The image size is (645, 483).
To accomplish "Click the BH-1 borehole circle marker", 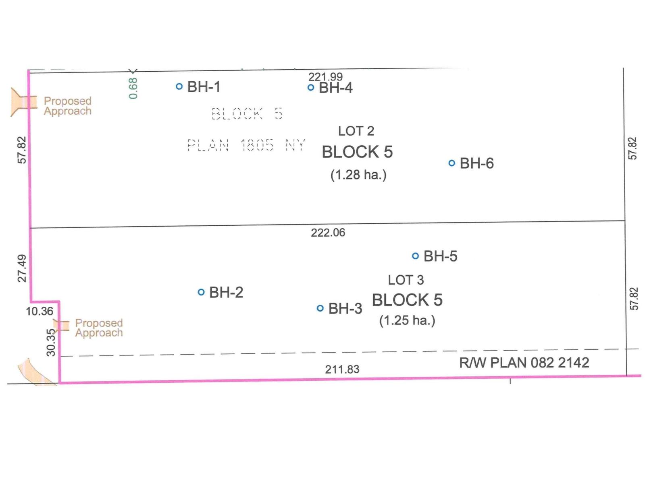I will pyautogui.click(x=179, y=86).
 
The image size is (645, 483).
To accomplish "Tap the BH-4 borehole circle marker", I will pyautogui.click(x=311, y=87).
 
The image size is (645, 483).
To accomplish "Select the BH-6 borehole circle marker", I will pyautogui.click(x=452, y=163).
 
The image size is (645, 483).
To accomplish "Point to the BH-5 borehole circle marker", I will pyautogui.click(x=416, y=256).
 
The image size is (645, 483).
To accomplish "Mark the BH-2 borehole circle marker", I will pyautogui.click(x=201, y=292).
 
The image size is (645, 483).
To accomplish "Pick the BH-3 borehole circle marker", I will pyautogui.click(x=320, y=308).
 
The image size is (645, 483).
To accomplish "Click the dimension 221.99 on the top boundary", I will pyautogui.click(x=325, y=76).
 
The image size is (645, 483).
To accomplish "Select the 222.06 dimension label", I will pyautogui.click(x=328, y=233).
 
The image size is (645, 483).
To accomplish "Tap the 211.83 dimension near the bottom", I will pyautogui.click(x=342, y=369).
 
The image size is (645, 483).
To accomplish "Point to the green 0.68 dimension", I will pyautogui.click(x=133, y=88).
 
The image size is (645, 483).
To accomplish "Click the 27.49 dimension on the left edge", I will pyautogui.click(x=22, y=268).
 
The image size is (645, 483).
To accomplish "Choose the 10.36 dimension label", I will pyautogui.click(x=40, y=311).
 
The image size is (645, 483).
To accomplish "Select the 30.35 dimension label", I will pyautogui.click(x=51, y=343).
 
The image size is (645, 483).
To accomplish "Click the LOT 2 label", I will pyautogui.click(x=356, y=131).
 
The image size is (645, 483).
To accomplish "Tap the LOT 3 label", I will pyautogui.click(x=406, y=280).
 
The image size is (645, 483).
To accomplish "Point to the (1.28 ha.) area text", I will pyautogui.click(x=358, y=175).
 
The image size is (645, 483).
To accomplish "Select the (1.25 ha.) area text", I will pyautogui.click(x=407, y=320).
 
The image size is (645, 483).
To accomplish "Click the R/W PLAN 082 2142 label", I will pyautogui.click(x=524, y=363).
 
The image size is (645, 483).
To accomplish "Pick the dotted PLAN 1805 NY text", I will pyautogui.click(x=246, y=145).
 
